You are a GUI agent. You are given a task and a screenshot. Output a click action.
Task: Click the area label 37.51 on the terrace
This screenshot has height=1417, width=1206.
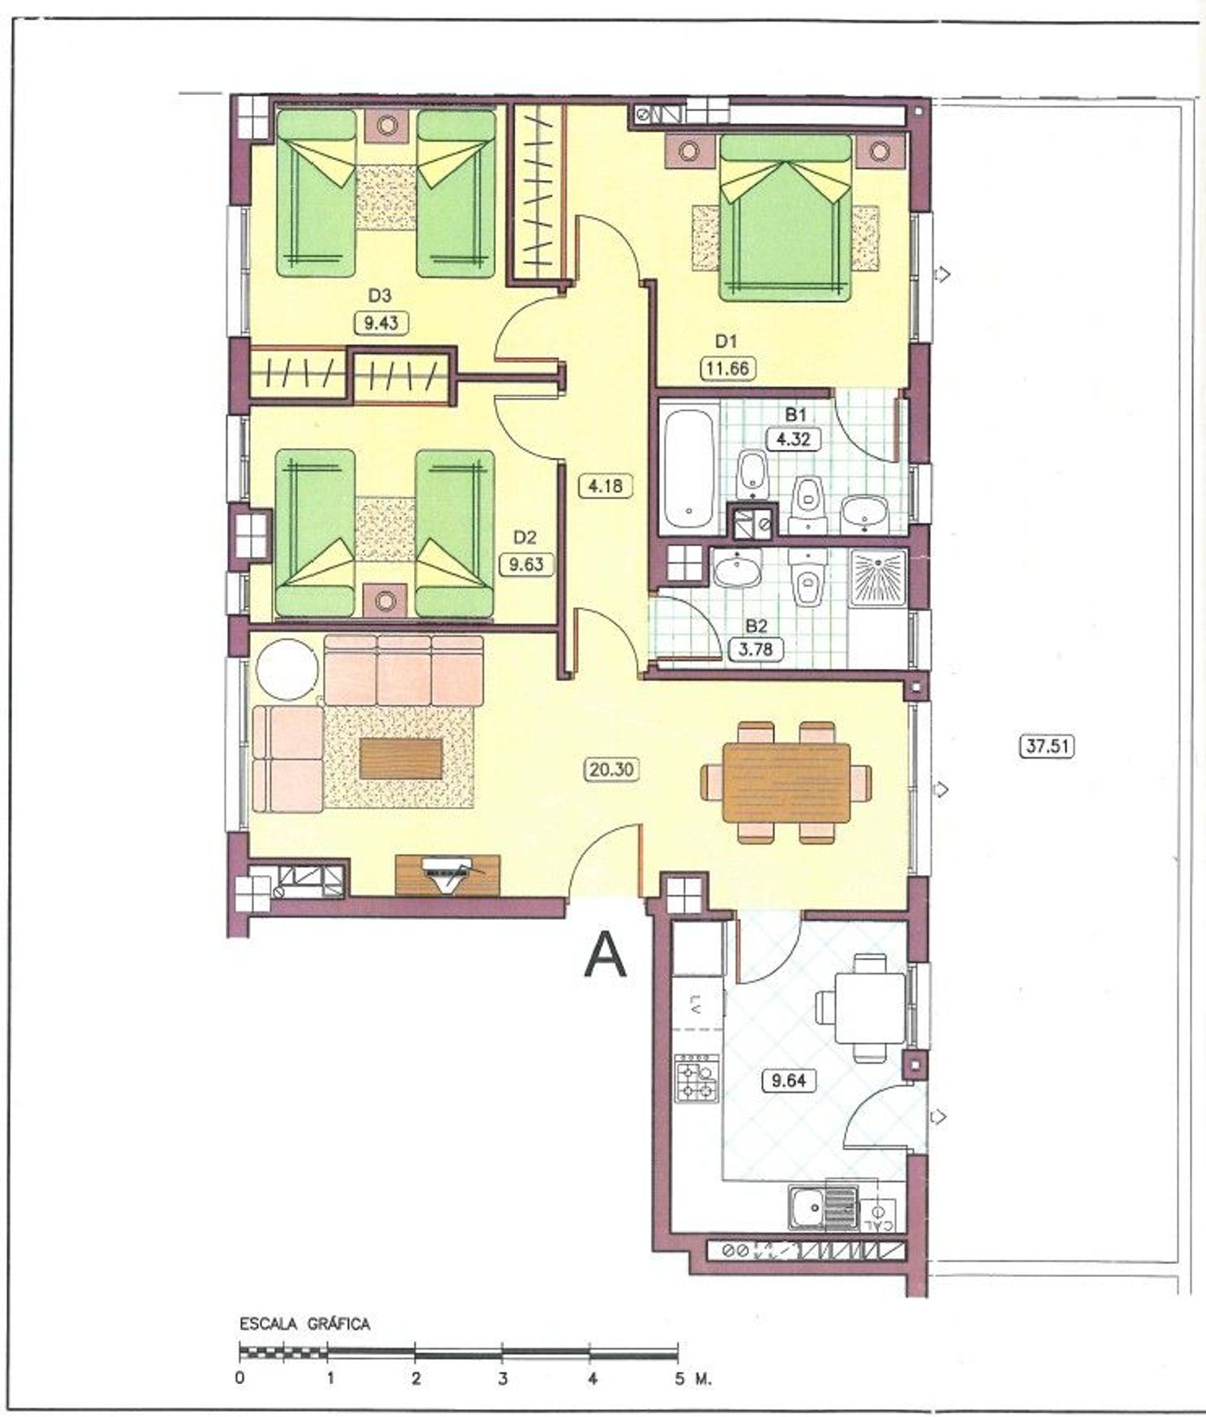click(1046, 745)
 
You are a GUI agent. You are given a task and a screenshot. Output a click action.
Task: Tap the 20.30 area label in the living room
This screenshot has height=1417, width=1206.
click(611, 770)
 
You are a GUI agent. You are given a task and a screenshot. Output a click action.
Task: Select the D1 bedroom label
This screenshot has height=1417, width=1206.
click(726, 341)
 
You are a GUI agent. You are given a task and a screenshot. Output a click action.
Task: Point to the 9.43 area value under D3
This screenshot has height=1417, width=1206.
click(380, 323)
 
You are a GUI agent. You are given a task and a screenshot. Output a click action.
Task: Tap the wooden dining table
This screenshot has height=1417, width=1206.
click(786, 782)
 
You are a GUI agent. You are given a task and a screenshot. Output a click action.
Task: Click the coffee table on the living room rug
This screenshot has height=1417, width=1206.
click(401, 758)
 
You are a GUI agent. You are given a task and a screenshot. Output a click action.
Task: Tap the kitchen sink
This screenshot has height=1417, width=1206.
click(823, 1205)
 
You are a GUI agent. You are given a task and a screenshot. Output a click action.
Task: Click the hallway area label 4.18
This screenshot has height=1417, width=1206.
click(605, 486)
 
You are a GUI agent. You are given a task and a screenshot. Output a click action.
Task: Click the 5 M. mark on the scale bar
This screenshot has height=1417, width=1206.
click(691, 1379)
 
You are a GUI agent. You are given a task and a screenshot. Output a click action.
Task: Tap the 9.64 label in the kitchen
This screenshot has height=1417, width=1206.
click(788, 1080)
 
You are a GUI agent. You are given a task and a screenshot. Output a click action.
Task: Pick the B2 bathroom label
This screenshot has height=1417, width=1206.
click(756, 626)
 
